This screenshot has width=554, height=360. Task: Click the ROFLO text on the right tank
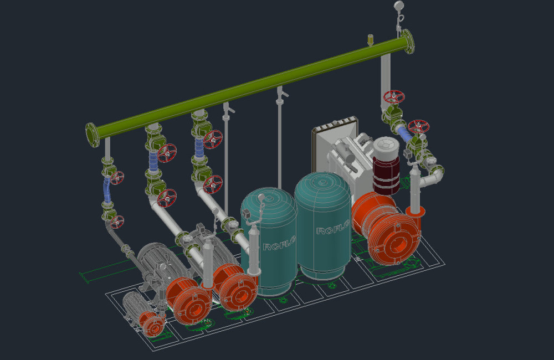(x=332, y=228)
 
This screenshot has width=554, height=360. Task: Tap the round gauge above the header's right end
(x=398, y=6)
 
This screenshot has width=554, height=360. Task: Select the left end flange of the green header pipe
(x=93, y=135)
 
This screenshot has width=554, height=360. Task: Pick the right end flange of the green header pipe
(x=408, y=42)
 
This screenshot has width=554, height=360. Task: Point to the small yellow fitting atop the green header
(x=370, y=39)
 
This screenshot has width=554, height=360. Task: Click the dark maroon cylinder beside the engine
(x=386, y=175)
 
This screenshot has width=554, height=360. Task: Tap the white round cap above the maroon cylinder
(x=386, y=147)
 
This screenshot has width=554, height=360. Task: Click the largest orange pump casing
(x=387, y=230)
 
